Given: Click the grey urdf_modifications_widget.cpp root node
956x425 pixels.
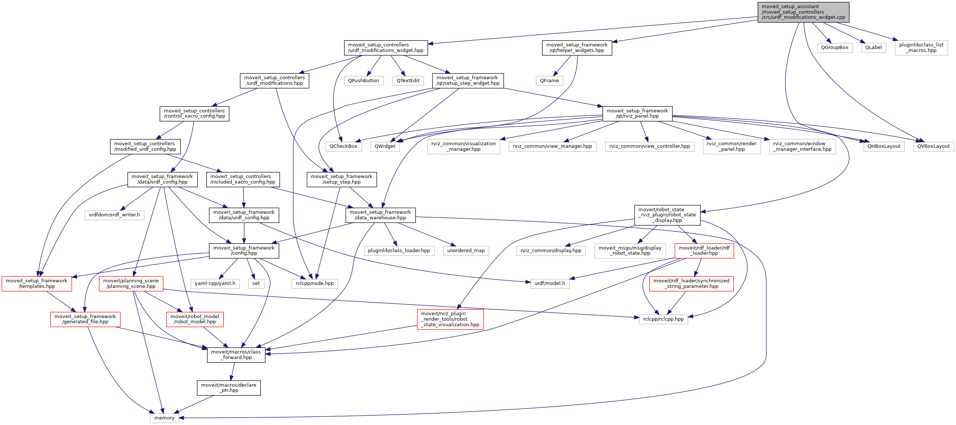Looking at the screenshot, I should tap(803, 12).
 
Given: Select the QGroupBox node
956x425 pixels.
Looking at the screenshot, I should tap(834, 48).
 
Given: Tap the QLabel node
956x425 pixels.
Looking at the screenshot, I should tap(873, 48).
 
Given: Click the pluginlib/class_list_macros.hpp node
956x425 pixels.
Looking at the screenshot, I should tap(921, 48).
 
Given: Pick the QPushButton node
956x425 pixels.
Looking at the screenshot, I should tap(363, 81).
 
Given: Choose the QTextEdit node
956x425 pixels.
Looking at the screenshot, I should tap(408, 81).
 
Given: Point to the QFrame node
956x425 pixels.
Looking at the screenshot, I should tap(549, 81).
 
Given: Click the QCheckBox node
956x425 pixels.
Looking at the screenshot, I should tap(343, 146).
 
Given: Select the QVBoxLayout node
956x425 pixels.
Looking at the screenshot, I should tap(933, 146).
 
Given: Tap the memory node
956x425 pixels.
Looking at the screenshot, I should tap(164, 418).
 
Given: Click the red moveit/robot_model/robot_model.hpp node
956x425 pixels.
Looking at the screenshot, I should tap(195, 319).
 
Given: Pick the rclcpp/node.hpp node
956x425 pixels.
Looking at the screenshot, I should tap(314, 283).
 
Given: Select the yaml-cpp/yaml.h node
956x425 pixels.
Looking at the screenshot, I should tap(215, 283).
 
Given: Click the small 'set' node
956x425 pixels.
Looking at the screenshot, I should tap(256, 283).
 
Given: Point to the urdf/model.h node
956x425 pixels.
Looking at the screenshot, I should tap(549, 283).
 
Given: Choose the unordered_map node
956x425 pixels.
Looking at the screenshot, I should tap(465, 251).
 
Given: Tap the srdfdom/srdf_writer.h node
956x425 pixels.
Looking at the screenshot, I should tap(114, 215).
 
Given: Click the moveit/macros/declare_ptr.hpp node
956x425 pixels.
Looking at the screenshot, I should tap(229, 388).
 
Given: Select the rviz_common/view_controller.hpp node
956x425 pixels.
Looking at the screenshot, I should tap(649, 146).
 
